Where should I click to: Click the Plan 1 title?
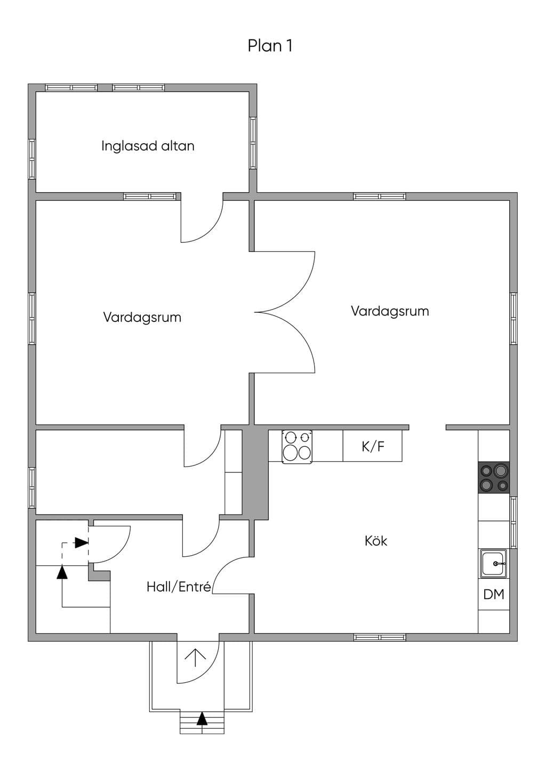(270, 45)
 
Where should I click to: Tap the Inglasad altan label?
(148, 146)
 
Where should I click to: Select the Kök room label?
(376, 541)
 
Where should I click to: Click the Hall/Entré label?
(179, 587)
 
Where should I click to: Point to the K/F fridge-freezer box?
(373, 446)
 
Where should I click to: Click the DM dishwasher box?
(494, 594)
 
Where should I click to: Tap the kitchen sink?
(494, 564)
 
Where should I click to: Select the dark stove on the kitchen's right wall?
(494, 478)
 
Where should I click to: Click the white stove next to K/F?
(297, 446)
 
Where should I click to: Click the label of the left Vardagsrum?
(142, 317)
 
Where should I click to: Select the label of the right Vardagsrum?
(390, 311)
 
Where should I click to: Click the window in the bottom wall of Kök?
(380, 637)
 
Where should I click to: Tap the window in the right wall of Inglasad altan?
(253, 143)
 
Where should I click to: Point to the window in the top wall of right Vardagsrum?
(380, 196)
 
